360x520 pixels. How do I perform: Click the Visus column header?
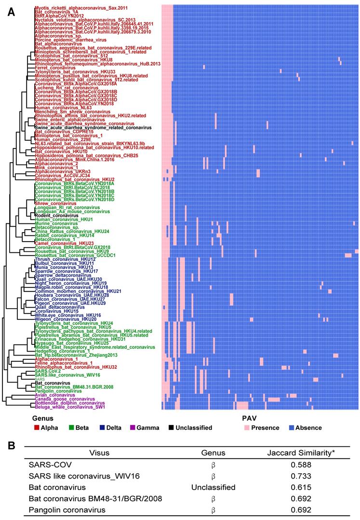pos(104,453)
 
